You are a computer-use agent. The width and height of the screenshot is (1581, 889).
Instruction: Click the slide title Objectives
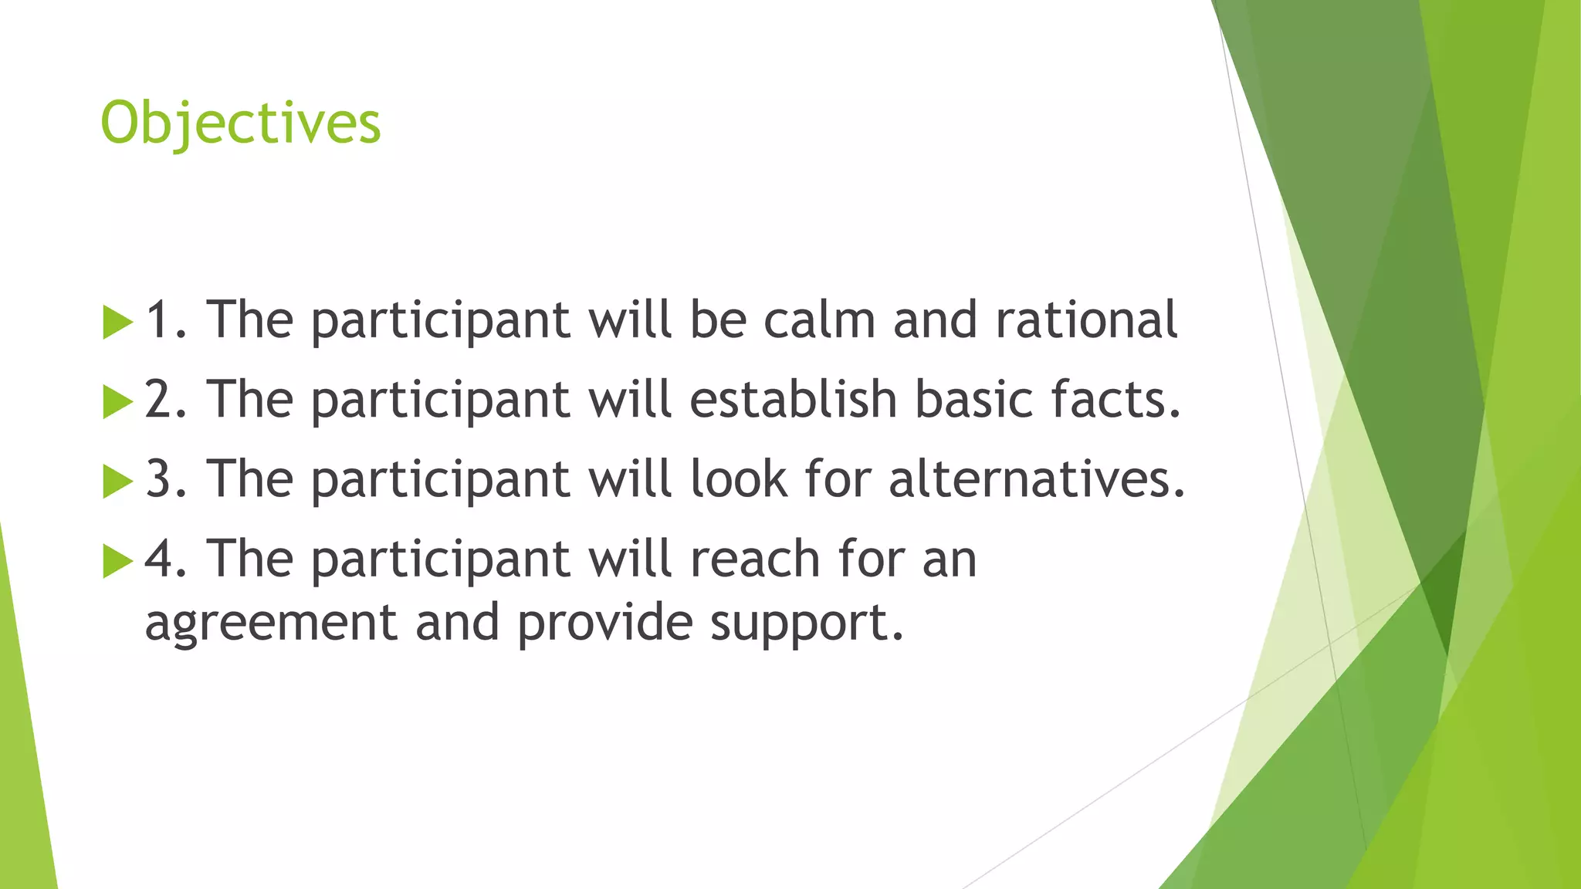[241, 123]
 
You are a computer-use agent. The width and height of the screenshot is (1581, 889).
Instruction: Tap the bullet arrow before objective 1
[117, 322]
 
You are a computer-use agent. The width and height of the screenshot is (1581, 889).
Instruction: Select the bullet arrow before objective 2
[117, 401]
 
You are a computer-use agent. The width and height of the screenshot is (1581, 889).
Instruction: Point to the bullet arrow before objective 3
[117, 481]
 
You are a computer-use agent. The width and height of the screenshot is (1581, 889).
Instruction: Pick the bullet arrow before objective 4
[117, 561]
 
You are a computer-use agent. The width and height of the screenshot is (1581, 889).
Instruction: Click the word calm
[819, 319]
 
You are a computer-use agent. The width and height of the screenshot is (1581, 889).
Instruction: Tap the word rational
[1086, 319]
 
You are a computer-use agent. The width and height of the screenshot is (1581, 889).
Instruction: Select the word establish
[793, 400]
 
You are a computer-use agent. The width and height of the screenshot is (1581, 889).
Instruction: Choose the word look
[739, 479]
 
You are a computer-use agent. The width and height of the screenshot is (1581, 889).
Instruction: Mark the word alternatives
[1036, 479]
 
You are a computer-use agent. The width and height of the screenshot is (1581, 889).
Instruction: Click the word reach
[754, 559]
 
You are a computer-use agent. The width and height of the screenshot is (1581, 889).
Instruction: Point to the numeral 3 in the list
[159, 479]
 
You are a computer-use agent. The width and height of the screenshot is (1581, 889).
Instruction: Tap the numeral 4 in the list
[160, 559]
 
